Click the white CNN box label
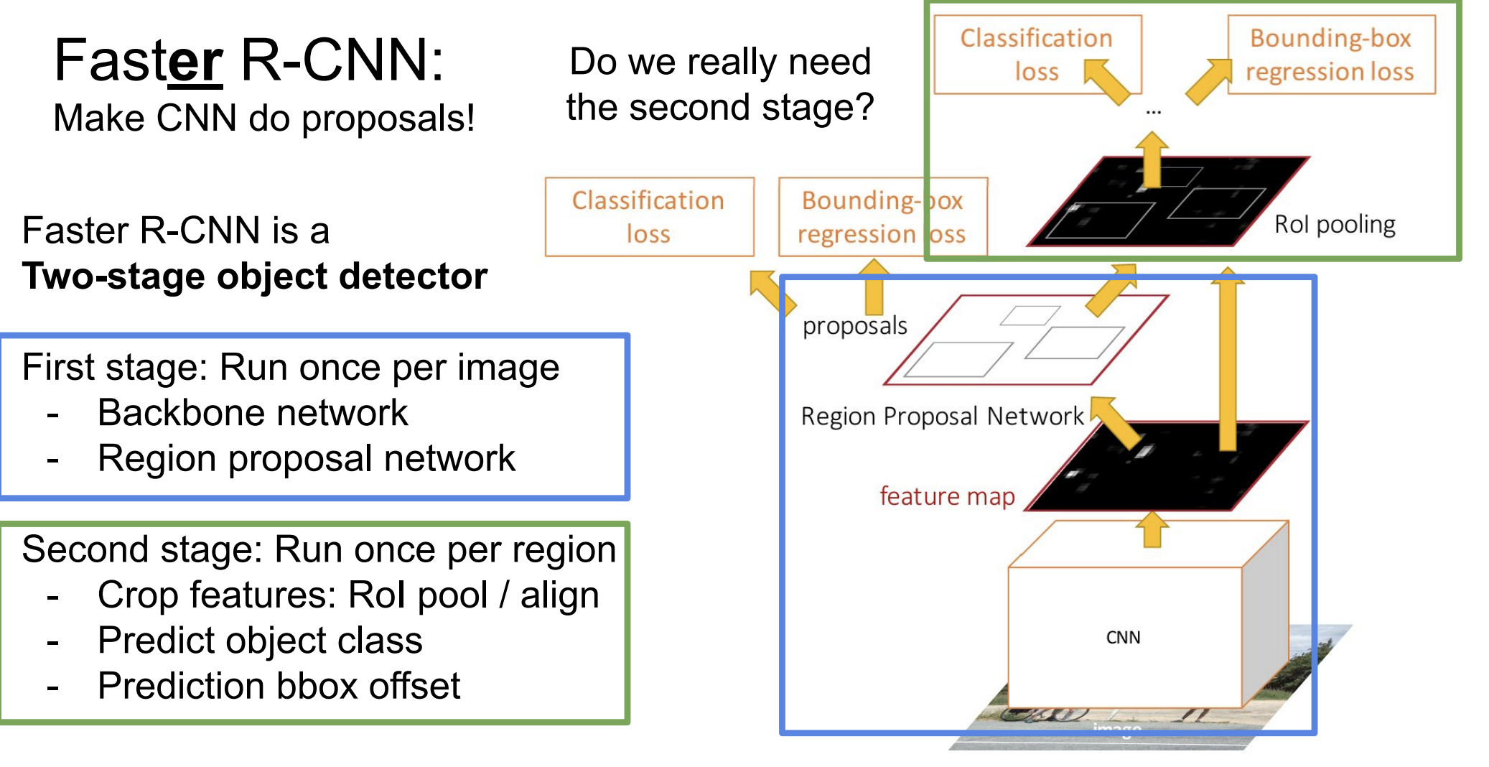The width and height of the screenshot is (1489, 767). [1123, 637]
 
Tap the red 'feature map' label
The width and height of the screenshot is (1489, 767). [947, 496]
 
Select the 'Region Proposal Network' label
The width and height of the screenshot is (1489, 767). [942, 416]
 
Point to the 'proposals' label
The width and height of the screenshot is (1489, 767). [854, 326]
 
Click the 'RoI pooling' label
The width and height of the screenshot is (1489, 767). [1335, 225]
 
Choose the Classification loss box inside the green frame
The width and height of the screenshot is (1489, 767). [1037, 55]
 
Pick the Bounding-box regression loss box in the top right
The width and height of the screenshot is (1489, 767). [1331, 55]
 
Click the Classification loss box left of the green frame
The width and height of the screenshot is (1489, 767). [649, 217]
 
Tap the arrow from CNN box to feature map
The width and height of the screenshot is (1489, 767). [1152, 530]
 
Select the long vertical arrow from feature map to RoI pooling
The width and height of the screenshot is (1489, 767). [1228, 359]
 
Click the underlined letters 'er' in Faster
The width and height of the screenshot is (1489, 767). [195, 62]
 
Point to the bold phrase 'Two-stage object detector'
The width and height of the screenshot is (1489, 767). [255, 276]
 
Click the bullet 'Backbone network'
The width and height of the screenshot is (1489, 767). [253, 413]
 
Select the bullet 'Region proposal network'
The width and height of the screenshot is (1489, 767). [307, 458]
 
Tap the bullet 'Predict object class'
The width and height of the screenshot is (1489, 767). [260, 641]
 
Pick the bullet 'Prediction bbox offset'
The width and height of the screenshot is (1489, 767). [279, 686]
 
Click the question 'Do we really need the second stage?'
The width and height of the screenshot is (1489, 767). [720, 85]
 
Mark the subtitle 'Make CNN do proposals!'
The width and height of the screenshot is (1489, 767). [264, 118]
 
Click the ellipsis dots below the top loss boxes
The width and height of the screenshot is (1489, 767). [1154, 112]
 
